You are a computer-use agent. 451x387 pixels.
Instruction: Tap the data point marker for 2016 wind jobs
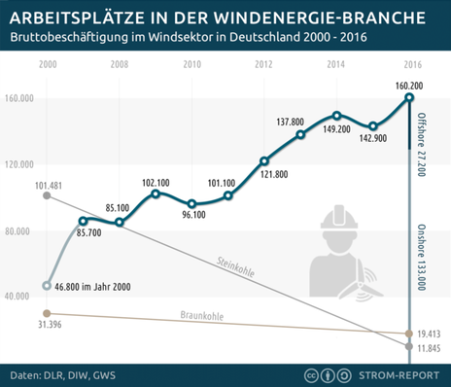pos(409,97)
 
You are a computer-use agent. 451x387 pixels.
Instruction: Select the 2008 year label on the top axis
pos(119,64)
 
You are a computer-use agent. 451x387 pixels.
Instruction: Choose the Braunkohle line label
pos(202,315)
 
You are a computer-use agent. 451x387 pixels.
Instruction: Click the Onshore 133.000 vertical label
pos(422,257)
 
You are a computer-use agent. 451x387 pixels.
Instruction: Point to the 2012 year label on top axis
pos(263,64)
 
